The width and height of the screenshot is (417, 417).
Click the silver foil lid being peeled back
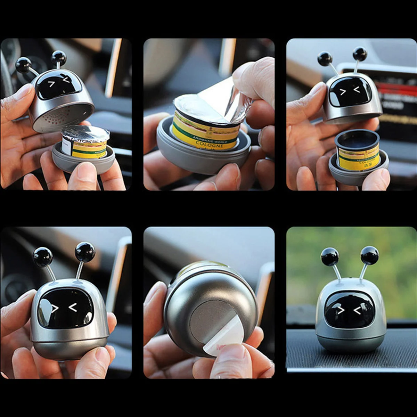point(219,101)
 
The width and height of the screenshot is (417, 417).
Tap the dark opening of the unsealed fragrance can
point(357,140)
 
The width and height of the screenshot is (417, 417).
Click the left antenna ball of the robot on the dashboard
point(329,257)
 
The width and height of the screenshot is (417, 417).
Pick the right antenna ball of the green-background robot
point(369,255)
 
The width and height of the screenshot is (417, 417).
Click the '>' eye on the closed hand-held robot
point(55,308)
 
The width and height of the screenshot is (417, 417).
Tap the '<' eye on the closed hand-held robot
point(73,307)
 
